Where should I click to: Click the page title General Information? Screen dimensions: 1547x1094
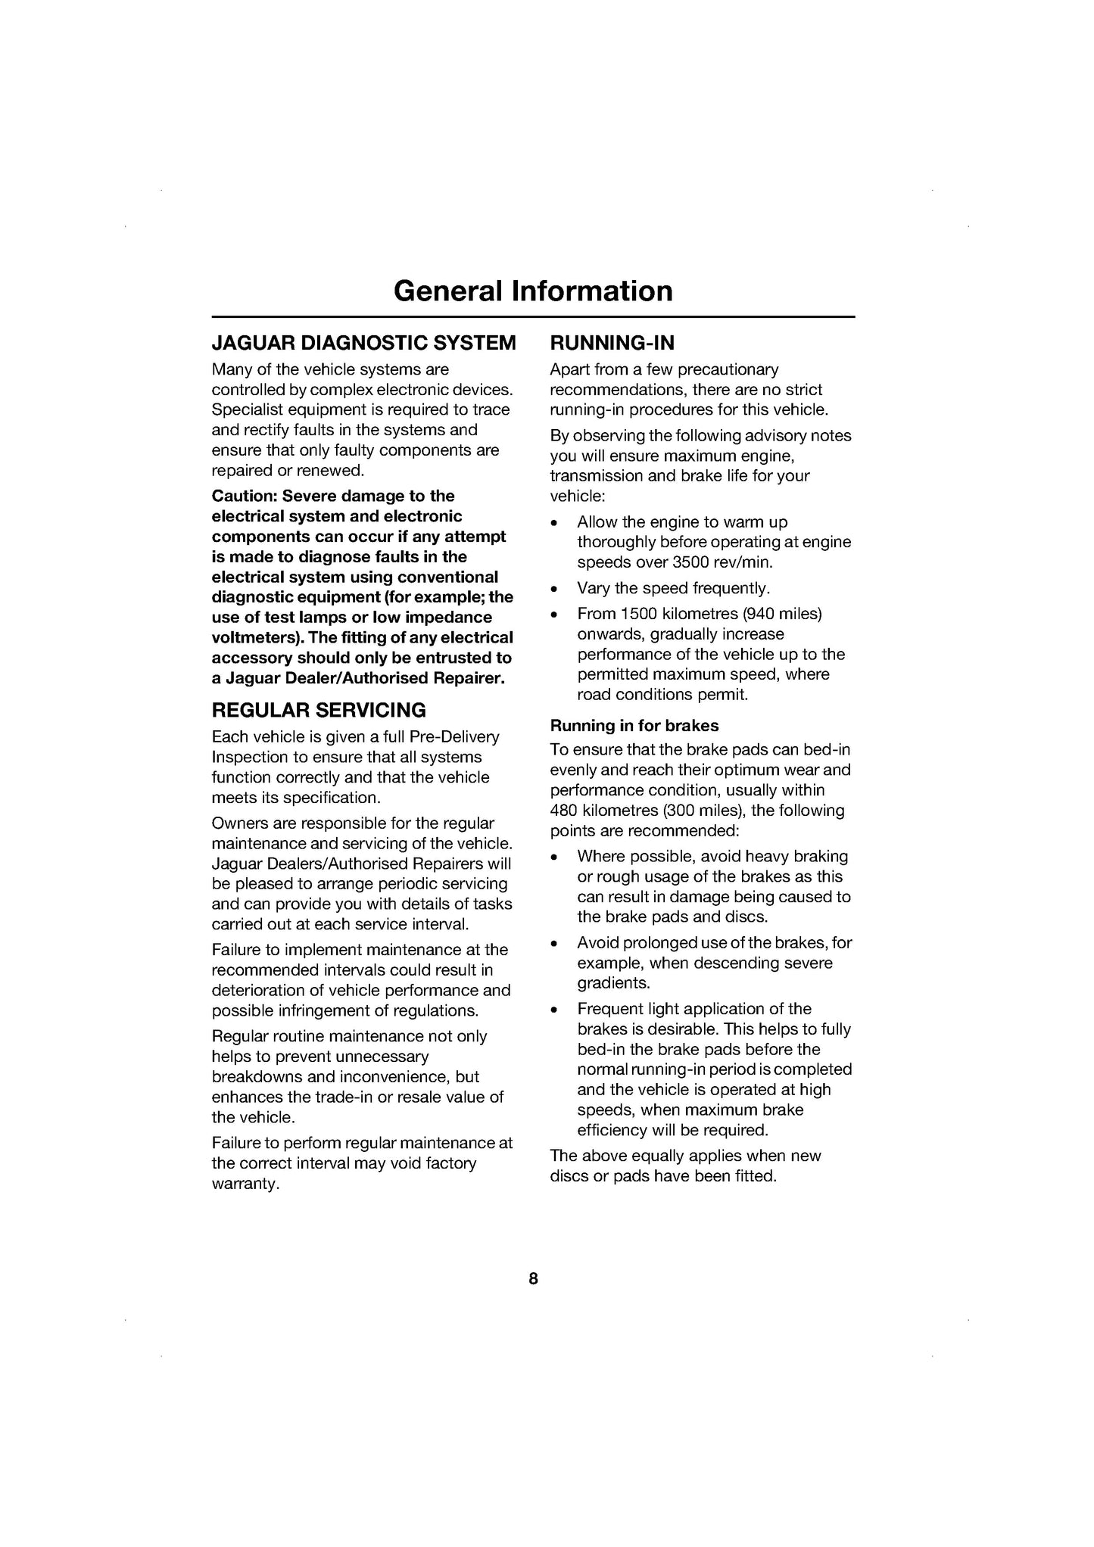533,291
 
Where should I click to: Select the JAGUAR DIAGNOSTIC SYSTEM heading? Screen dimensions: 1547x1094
363,343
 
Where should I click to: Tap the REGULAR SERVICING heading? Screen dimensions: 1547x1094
319,710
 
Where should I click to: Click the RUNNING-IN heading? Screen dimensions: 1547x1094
612,343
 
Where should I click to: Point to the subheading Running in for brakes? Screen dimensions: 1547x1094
634,725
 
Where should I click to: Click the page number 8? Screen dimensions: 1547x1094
533,1278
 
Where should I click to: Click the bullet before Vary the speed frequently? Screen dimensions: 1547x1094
556,589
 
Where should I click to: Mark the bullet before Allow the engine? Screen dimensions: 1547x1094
556,523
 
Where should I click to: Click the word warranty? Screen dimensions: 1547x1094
245,1184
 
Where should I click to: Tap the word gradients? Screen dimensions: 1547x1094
613,983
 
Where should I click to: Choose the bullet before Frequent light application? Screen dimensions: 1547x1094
556,1010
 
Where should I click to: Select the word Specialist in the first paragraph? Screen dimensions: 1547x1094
246,409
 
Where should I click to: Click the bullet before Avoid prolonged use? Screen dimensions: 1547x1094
556,944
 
